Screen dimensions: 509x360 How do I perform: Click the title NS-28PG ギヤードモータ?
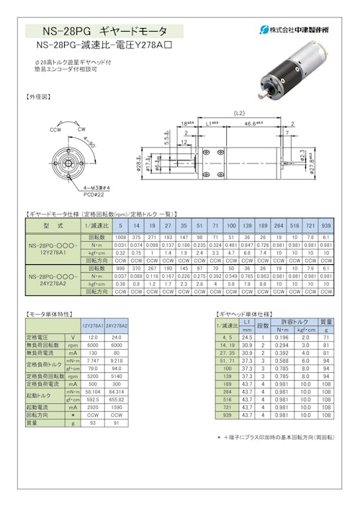coord(104,32)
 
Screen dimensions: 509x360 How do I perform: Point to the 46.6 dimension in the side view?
coord(253,125)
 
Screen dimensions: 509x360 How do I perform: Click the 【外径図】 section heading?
coord(39,96)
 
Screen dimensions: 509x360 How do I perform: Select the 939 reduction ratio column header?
coord(326,225)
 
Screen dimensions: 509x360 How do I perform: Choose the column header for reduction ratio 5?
coord(120,225)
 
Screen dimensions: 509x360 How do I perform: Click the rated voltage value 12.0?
coord(92,337)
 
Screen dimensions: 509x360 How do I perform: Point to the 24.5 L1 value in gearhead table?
coord(247,337)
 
